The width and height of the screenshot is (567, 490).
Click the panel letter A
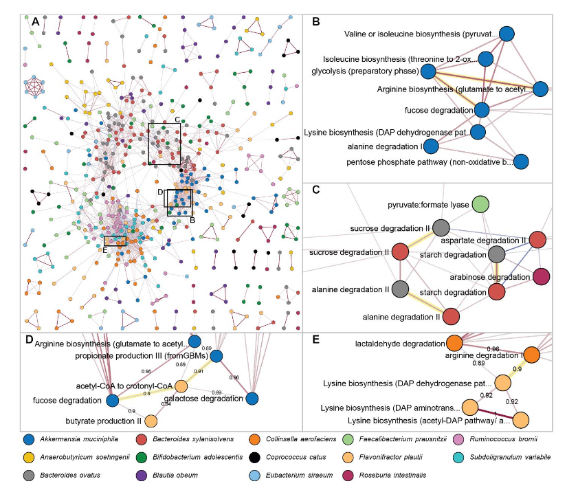coord(35,22)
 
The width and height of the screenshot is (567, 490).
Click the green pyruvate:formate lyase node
coord(480,204)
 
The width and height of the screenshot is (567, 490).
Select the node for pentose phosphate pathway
coord(522,162)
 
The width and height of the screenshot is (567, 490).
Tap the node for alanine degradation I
coord(431,146)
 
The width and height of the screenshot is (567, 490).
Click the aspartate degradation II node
coord(538,240)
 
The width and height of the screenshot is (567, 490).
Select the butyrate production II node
coord(151,421)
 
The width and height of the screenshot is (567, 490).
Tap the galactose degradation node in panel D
coord(252,399)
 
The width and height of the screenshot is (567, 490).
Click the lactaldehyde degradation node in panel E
coord(454,342)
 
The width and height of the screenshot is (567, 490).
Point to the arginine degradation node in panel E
coord(532,355)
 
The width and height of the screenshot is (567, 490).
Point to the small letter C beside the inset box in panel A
coord(177,120)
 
